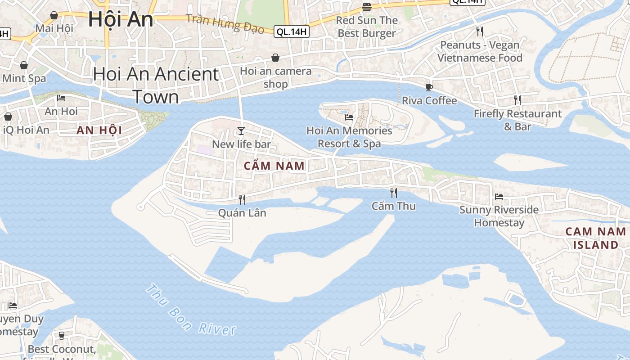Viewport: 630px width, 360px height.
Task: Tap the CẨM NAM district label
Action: point(274,166)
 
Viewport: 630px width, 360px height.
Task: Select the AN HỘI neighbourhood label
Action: point(99,130)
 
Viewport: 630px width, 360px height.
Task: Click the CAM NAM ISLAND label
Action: point(595,238)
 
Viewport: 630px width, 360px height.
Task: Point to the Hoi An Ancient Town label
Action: point(156,85)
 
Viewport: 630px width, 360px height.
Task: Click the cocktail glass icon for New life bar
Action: point(241,131)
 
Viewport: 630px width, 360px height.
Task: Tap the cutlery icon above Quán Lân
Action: point(242,199)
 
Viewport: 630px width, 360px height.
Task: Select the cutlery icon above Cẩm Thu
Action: point(394,193)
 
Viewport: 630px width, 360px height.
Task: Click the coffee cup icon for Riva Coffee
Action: point(429,87)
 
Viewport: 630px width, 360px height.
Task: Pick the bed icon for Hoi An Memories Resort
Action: point(349,117)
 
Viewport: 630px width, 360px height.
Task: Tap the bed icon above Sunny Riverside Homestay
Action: point(499,196)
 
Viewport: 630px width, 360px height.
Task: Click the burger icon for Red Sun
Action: point(367,7)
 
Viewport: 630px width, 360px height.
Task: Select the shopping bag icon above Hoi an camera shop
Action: point(275,58)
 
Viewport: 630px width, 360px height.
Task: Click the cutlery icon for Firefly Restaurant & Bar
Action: point(517,100)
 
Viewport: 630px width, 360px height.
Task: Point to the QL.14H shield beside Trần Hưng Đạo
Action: point(292,31)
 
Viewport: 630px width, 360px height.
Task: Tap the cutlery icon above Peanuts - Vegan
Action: point(480,31)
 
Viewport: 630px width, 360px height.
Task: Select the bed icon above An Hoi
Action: point(61,98)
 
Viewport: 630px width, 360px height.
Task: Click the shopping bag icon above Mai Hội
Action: point(54,15)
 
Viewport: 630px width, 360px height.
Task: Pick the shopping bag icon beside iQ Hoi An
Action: point(8,117)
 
